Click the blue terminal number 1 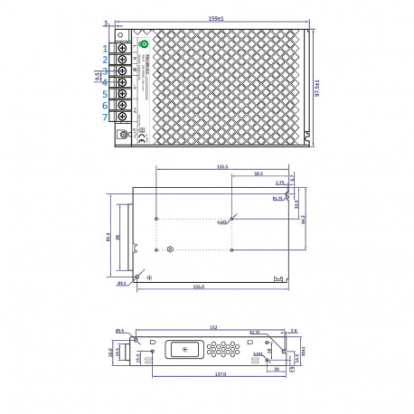point(105,48)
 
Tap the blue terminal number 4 point(105,82)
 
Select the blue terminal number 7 point(105,118)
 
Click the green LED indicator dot point(143,42)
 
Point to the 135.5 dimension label point(221,166)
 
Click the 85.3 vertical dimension point(108,240)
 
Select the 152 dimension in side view point(211,327)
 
